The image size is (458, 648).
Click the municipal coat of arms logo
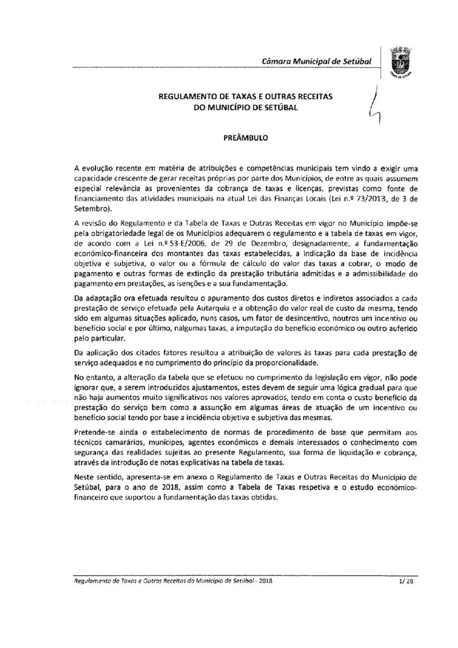click(400, 61)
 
